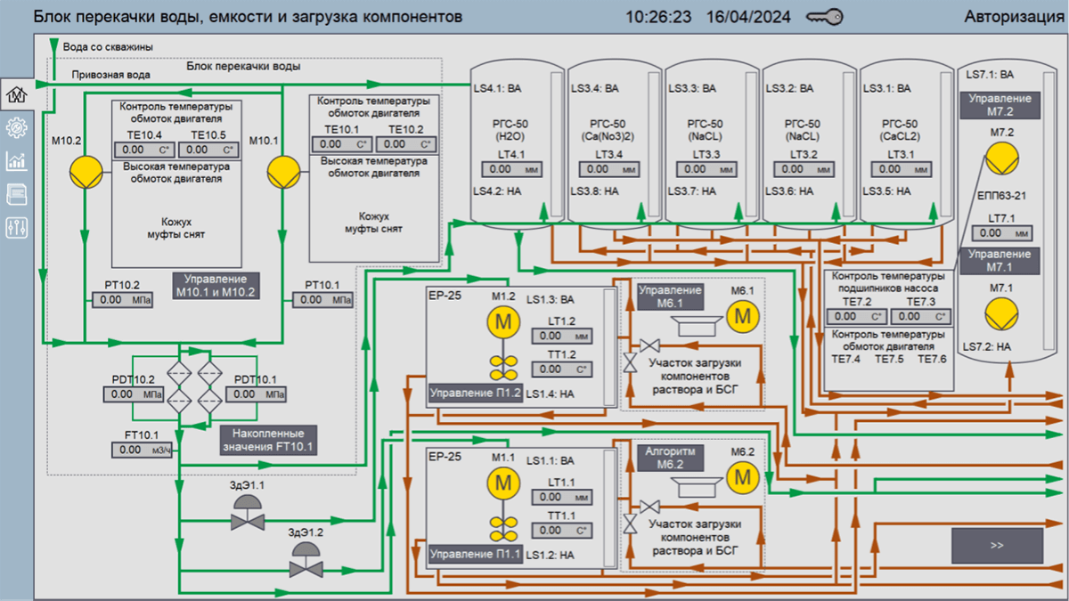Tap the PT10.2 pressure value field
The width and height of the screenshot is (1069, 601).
[118, 300]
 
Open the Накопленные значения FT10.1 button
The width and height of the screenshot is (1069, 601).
[268, 439]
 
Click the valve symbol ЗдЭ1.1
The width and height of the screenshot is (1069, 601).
[247, 513]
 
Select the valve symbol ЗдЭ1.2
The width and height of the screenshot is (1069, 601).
[306, 560]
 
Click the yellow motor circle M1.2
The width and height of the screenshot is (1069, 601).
[503, 322]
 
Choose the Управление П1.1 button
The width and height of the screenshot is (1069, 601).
[475, 555]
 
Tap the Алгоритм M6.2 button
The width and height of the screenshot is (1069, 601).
[670, 458]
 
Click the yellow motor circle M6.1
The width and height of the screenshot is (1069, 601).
[741, 314]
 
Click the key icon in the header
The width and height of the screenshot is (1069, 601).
[824, 17]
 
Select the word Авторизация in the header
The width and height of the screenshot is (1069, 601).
[1014, 17]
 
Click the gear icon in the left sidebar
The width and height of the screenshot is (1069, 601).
[16, 126]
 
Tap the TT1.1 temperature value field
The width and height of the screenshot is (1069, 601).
[563, 531]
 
